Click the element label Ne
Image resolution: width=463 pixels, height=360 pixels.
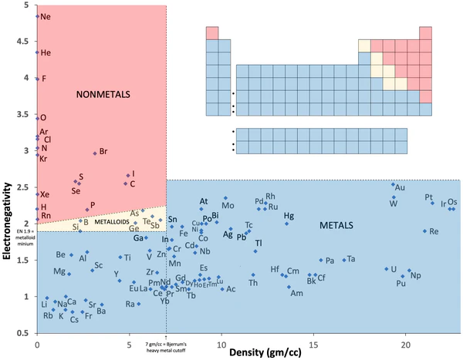click(x=46, y=16)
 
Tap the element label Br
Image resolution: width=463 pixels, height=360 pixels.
click(x=103, y=151)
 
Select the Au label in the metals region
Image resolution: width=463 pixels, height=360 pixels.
click(x=400, y=187)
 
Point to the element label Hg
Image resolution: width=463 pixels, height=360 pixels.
click(x=289, y=216)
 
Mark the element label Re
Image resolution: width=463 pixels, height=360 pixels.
click(x=434, y=231)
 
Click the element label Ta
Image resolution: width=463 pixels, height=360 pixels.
click(x=351, y=259)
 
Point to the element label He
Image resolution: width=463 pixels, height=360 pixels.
click(x=46, y=52)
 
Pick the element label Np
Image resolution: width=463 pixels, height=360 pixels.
click(x=416, y=275)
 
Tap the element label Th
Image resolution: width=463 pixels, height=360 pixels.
click(x=253, y=283)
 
